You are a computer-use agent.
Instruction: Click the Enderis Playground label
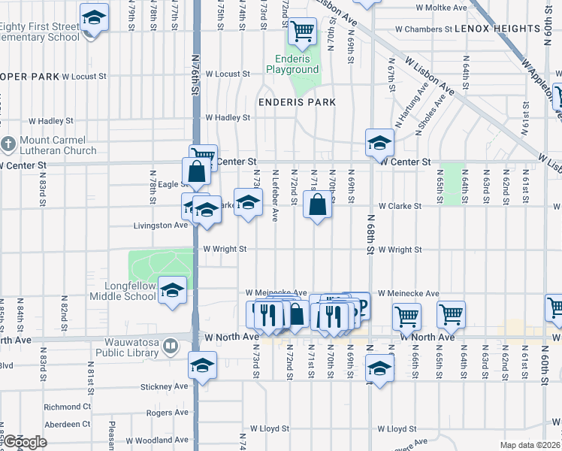(x=292, y=64)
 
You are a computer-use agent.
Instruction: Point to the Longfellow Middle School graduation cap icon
(x=172, y=291)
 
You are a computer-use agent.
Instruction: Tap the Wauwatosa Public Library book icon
(x=171, y=347)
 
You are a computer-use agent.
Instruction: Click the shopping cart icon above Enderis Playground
(x=302, y=32)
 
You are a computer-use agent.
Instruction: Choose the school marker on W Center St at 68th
(x=380, y=143)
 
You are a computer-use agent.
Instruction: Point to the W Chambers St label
(x=424, y=29)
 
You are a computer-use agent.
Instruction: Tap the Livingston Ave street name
(x=161, y=225)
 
